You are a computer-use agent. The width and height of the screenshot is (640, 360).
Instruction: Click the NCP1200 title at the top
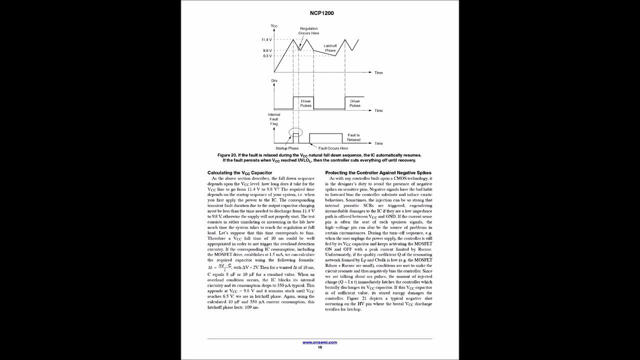pos(319,13)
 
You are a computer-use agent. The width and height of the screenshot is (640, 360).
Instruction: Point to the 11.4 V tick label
pos(266,39)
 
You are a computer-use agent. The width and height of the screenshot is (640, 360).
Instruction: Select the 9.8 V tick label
pos(267,50)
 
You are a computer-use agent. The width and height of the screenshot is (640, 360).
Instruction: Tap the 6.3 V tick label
pos(267,56)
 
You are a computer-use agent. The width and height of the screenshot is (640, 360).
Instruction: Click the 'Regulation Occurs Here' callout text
pos(308,31)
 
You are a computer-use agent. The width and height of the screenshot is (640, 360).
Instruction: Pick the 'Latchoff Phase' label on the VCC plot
pos(330,48)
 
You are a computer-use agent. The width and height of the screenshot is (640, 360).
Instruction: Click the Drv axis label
pos(274,80)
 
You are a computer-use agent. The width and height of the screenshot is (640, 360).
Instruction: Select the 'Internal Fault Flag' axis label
pos(274,119)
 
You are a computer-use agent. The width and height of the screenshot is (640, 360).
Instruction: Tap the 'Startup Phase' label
pos(287,148)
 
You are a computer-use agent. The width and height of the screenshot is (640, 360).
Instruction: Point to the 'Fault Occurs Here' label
pos(333,148)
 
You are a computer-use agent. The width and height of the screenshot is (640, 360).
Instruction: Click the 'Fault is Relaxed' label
pos(353,137)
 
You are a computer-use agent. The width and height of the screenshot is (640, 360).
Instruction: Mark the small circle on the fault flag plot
pos(296,133)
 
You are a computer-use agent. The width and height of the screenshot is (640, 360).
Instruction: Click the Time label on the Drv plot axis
pos(378,110)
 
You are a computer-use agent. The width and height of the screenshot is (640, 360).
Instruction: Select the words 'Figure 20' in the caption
pos(227,155)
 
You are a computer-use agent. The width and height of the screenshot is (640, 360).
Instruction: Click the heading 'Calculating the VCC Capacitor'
pos(239,172)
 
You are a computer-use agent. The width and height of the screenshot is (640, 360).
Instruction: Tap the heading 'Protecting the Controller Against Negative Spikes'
pos(378,172)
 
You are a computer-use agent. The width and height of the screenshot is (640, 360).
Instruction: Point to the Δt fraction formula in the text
pos(219,268)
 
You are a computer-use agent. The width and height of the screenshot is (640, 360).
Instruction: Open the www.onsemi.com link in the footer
pos(319,342)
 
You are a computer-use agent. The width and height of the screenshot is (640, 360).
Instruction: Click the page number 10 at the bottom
pos(320,347)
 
